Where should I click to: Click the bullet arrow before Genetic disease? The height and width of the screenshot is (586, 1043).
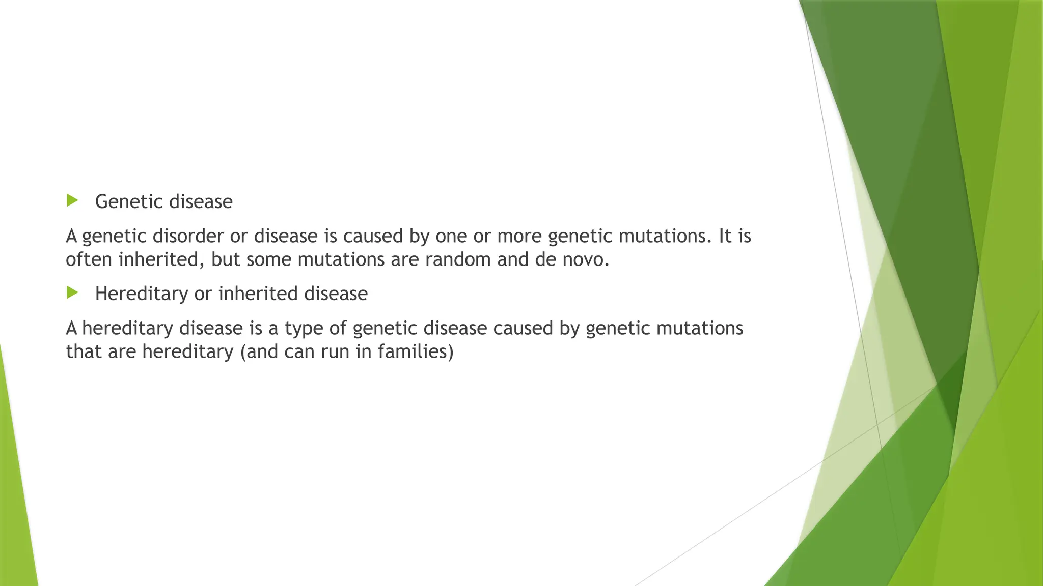click(72, 200)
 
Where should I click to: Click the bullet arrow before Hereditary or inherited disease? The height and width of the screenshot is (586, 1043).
click(72, 292)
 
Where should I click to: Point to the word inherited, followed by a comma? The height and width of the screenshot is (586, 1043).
click(162, 260)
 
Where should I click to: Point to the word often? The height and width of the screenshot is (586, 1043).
click(89, 260)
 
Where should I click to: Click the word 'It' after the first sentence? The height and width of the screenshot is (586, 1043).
click(725, 237)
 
